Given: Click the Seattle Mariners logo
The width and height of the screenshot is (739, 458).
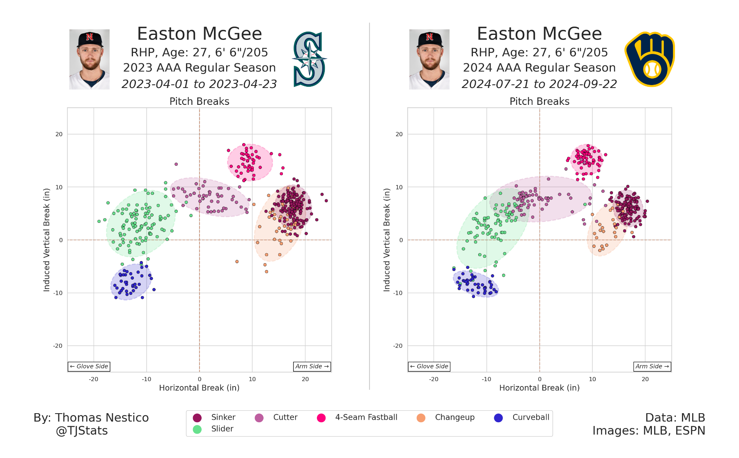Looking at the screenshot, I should (x=309, y=59).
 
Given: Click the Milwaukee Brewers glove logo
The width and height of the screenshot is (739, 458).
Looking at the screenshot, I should (x=649, y=59).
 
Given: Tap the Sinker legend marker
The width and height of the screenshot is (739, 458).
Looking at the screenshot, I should (x=197, y=418).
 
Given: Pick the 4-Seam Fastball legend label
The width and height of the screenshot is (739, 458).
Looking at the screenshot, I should (x=366, y=417).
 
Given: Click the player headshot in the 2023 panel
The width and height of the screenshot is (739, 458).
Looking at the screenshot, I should (x=90, y=59).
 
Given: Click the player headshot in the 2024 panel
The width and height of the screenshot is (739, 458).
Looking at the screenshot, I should (x=429, y=59).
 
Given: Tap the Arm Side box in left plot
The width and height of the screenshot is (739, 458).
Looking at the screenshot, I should (x=312, y=366).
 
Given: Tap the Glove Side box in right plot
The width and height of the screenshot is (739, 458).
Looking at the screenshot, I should (x=429, y=366).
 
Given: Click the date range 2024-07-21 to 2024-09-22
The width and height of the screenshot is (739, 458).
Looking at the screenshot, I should (x=539, y=84).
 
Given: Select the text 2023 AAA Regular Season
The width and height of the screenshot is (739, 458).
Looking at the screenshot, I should (x=200, y=68).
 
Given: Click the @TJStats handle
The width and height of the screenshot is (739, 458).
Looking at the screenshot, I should (x=82, y=431).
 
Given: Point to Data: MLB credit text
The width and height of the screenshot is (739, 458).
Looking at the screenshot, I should (x=675, y=418).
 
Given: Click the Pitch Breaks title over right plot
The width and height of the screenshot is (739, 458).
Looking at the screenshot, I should (x=539, y=102).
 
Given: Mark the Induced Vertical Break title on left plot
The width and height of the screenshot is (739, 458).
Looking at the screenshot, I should (x=46, y=240).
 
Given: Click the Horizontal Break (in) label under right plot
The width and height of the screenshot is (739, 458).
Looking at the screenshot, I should (x=539, y=388).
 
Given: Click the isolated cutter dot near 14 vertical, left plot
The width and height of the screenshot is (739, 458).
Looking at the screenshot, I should (x=176, y=164).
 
